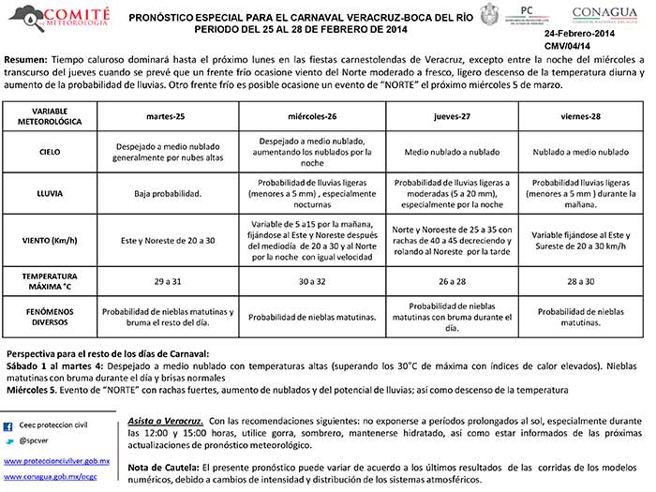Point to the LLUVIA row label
pyautogui.click(x=50, y=193)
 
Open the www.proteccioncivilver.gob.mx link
pyautogui.click(x=57, y=462)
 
